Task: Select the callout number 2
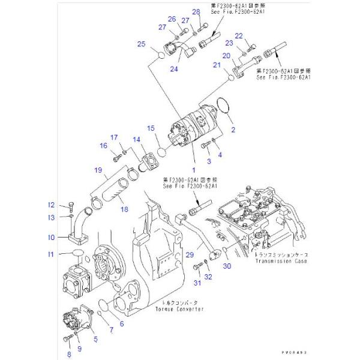coord(233,130)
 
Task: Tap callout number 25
coord(142,44)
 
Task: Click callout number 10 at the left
coord(52,238)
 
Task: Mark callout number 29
coord(190,256)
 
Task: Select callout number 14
coord(137,140)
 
